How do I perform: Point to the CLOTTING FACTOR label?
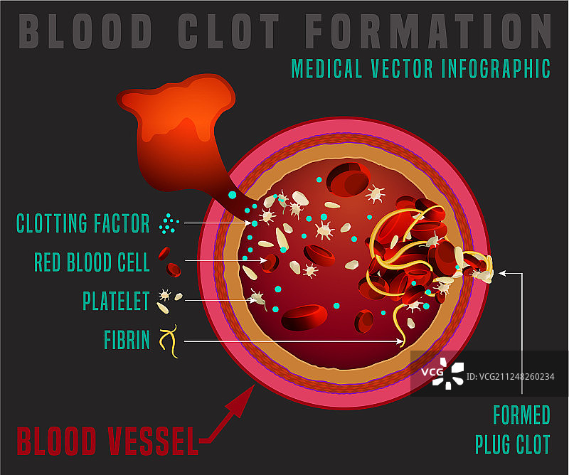point(83,224)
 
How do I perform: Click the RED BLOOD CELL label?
point(92,262)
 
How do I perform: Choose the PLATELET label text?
point(116,301)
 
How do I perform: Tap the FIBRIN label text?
point(127,340)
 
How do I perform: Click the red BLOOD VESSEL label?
point(107,441)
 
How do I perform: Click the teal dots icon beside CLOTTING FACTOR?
point(169,224)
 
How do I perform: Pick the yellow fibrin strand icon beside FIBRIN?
point(169,341)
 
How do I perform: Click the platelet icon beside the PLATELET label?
point(169,299)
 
